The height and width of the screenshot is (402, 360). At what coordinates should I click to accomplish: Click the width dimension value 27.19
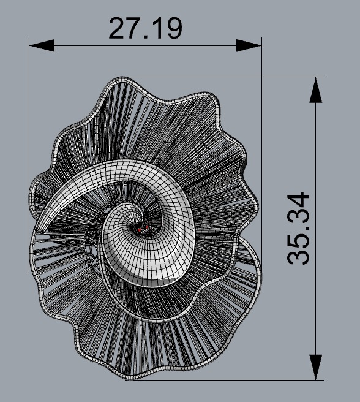145,28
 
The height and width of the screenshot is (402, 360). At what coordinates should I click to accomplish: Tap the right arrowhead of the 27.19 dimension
249,45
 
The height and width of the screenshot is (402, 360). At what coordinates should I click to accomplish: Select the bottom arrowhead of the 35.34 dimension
315,366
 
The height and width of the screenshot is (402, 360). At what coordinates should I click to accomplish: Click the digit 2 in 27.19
118,28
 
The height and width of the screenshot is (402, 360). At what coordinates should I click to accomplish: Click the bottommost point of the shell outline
126,379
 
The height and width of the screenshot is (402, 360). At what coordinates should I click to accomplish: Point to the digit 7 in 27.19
135,28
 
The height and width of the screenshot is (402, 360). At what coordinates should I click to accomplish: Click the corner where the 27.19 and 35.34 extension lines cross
261,77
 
